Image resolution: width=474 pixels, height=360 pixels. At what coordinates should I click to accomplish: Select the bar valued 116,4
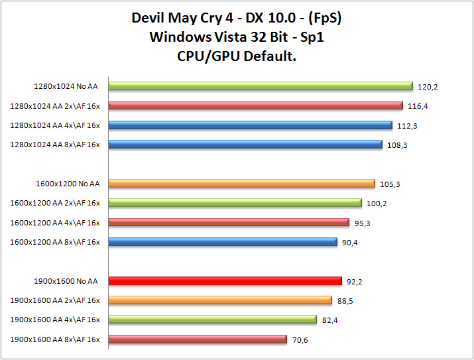[x=255, y=105]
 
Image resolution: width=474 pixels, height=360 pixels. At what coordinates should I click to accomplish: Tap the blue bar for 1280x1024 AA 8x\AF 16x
[x=245, y=144]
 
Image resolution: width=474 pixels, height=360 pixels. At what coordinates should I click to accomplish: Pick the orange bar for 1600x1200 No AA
[x=241, y=184]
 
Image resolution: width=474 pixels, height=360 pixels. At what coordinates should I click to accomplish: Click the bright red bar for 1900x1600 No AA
[x=225, y=281]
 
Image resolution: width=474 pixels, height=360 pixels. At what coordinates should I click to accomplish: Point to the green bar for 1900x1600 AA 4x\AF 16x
[x=212, y=320]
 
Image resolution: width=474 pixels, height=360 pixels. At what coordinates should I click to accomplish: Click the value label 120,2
[x=428, y=86]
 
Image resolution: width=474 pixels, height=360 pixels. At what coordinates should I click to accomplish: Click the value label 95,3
[x=363, y=223]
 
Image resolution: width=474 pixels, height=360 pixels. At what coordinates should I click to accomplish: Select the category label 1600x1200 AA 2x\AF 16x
[x=55, y=204]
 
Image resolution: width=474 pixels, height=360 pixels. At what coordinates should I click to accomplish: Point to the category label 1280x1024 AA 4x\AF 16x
[x=55, y=125]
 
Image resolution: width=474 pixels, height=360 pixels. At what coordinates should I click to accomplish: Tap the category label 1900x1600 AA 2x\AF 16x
[x=55, y=301]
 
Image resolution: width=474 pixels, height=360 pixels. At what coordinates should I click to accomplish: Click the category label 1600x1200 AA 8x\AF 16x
[x=55, y=243]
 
